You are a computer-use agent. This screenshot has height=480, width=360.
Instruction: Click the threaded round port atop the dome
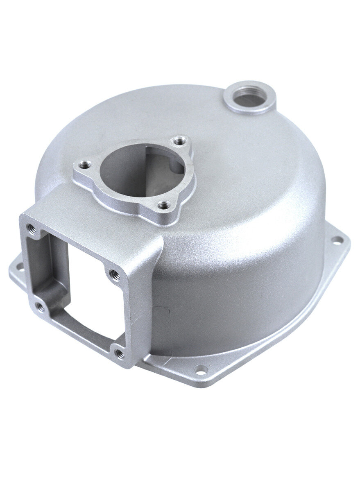point(249,97)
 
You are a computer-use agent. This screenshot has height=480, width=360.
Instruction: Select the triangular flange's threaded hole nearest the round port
point(178,142)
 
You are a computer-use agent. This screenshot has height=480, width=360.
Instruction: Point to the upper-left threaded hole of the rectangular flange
point(29,226)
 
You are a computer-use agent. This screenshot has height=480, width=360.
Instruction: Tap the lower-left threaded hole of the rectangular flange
point(39,305)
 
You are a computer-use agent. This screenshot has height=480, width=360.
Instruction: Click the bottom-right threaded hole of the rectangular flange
point(118,352)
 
